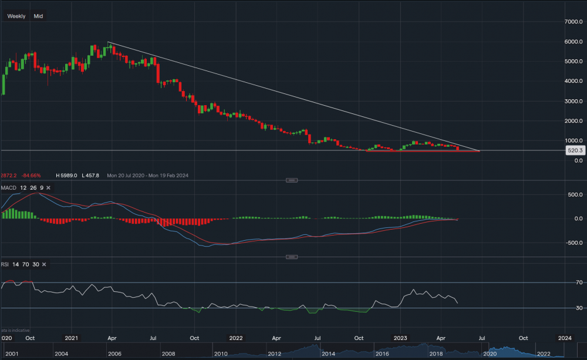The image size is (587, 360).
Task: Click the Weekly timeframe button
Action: pos(16,16)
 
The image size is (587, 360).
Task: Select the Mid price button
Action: pos(38,16)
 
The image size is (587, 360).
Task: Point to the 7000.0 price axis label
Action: pos(572,22)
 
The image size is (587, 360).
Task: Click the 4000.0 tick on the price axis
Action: pos(572,81)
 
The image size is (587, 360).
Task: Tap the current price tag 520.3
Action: pos(574,150)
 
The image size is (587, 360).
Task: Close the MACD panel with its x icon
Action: pos(48,187)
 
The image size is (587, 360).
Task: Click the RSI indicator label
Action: pos(5,264)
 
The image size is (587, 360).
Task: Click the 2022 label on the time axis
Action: pos(235,338)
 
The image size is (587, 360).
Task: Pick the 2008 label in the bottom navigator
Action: pos(169,354)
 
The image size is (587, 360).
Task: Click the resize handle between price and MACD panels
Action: pos(291,180)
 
